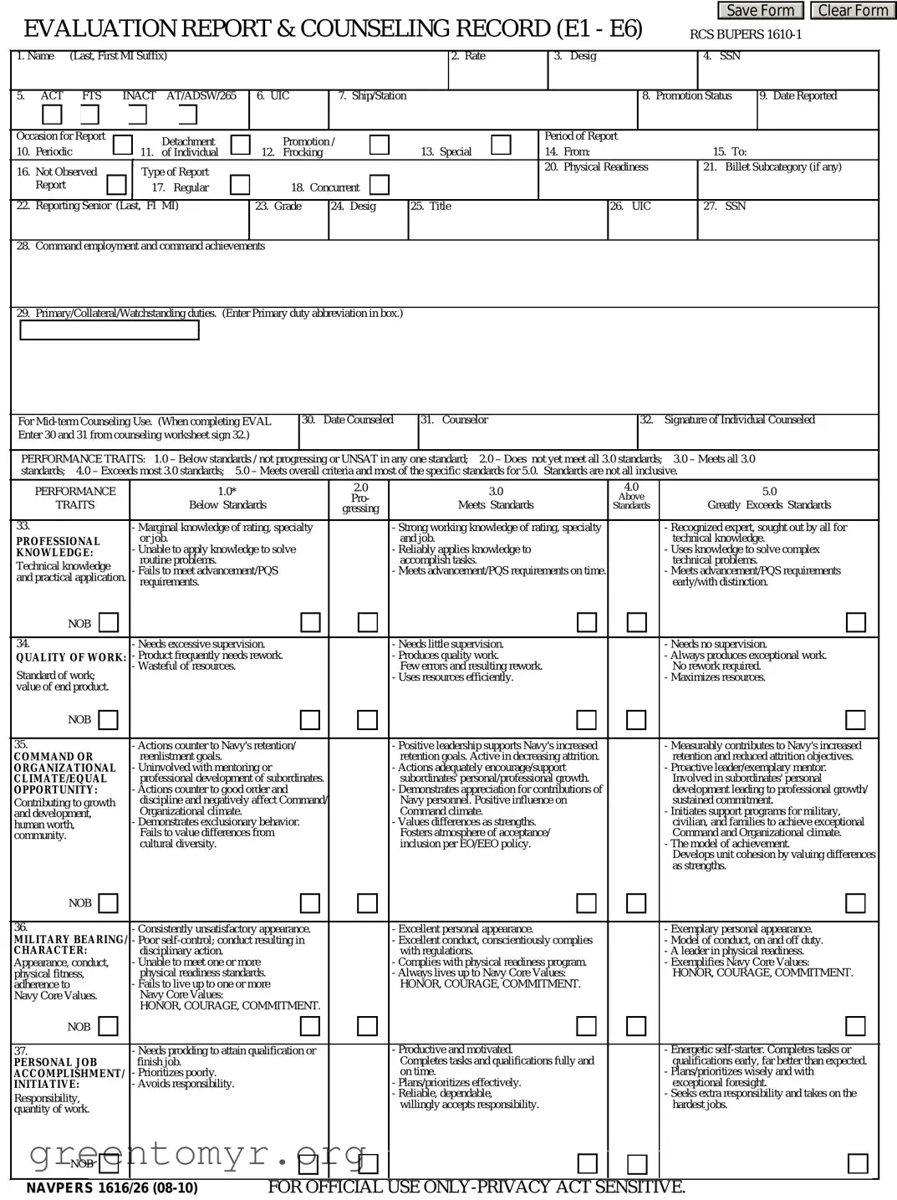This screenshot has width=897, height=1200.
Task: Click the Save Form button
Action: tap(760, 11)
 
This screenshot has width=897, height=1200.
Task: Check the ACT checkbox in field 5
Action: tap(52, 115)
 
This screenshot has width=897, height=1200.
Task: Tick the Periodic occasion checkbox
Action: tap(123, 145)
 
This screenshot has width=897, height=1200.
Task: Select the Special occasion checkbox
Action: tap(501, 145)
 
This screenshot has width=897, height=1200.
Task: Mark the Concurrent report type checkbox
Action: tap(380, 184)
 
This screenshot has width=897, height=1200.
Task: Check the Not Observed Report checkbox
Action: tap(117, 184)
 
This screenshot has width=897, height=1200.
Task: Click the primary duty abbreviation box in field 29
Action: tap(109, 330)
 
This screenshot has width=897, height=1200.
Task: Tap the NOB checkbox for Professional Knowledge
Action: tap(109, 623)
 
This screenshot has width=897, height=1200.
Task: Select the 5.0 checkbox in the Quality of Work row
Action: tap(855, 720)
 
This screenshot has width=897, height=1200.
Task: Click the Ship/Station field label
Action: tap(372, 96)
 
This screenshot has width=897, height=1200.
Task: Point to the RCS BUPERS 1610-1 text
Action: tap(746, 34)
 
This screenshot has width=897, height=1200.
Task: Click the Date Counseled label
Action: tap(358, 420)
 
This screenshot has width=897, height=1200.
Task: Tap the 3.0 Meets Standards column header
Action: tap(496, 498)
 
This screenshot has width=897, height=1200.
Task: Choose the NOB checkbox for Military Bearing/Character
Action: tap(108, 1026)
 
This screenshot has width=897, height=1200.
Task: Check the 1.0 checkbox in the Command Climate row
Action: tap(310, 903)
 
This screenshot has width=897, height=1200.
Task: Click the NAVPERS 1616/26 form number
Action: tap(112, 1188)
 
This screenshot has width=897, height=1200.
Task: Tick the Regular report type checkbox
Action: tap(240, 184)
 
